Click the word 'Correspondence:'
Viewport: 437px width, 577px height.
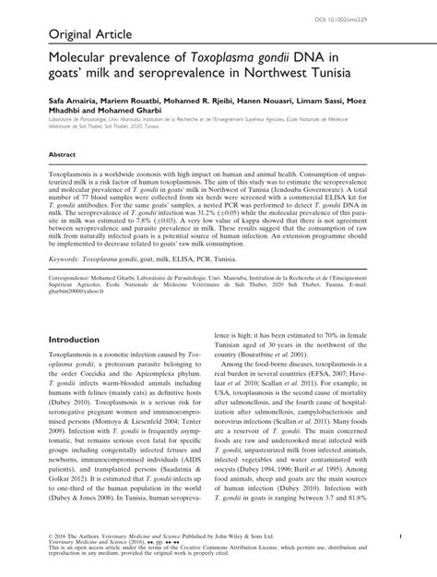coord(68,303)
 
